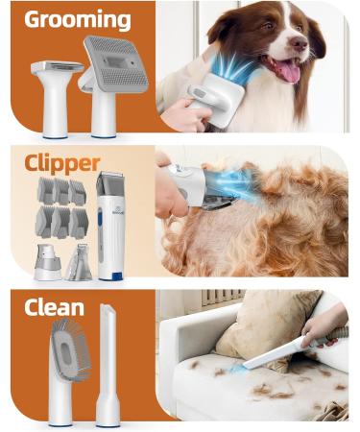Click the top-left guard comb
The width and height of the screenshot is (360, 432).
(45, 190)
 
